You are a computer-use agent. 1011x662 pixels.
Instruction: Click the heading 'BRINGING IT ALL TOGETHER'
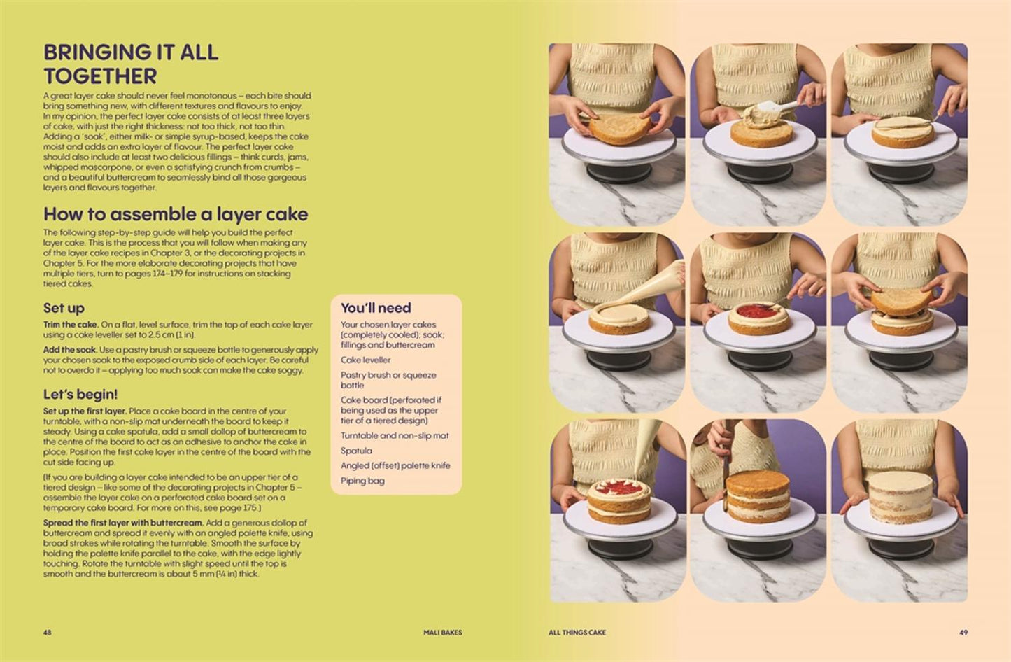pyautogui.click(x=130, y=64)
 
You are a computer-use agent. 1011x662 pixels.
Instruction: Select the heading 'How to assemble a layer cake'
pyautogui.click(x=176, y=214)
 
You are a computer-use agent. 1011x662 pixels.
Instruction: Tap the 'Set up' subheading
pyautogui.click(x=64, y=308)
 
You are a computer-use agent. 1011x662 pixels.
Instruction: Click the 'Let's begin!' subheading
pyautogui.click(x=80, y=395)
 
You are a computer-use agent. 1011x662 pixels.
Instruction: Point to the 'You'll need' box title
pyautogui.click(x=376, y=308)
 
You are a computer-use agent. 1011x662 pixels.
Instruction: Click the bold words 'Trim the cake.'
pyautogui.click(x=71, y=325)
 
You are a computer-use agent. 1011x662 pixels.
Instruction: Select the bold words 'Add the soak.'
pyautogui.click(x=70, y=350)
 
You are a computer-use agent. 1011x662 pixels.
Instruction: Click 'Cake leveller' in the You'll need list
pyautogui.click(x=365, y=360)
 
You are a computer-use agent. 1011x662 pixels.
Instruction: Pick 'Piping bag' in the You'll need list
pyautogui.click(x=362, y=481)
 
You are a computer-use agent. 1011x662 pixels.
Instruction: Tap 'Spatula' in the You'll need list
pyautogui.click(x=356, y=451)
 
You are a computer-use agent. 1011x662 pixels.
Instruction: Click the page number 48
pyautogui.click(x=48, y=633)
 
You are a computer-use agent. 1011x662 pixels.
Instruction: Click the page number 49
pyautogui.click(x=963, y=633)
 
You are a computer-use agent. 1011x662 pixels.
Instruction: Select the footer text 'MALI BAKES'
pyautogui.click(x=443, y=633)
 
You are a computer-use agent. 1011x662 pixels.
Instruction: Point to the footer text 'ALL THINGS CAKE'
pyautogui.click(x=577, y=633)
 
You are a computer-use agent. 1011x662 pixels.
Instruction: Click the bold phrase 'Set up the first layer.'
pyautogui.click(x=85, y=411)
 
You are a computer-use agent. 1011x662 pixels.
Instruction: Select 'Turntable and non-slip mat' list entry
pyautogui.click(x=395, y=436)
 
